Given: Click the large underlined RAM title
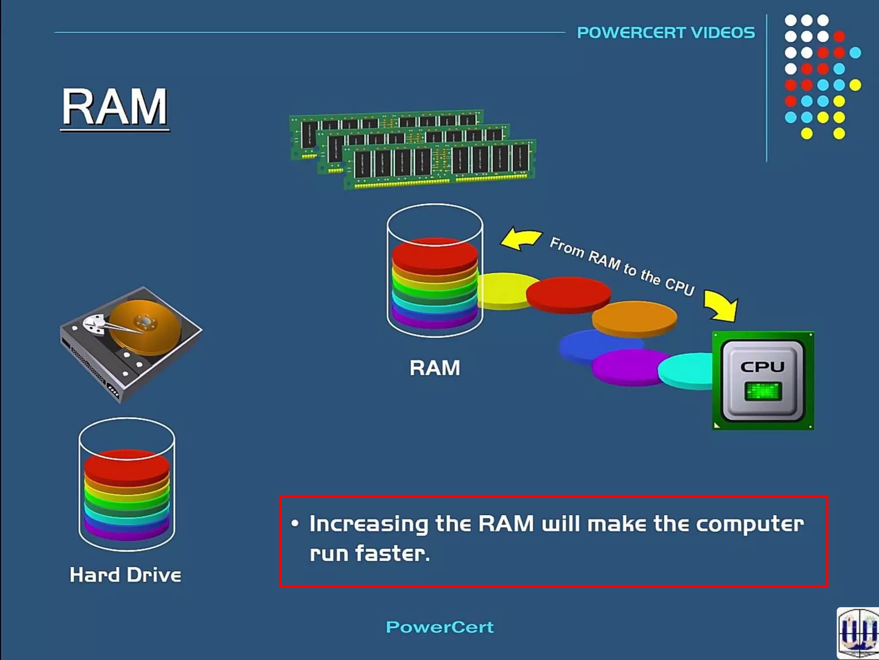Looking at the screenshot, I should click(115, 107).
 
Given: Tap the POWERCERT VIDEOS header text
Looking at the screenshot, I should click(666, 33).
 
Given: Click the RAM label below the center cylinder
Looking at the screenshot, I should click(434, 368).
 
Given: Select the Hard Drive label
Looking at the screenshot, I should click(125, 575).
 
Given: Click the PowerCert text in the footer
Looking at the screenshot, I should click(439, 627).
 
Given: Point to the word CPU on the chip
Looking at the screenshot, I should click(762, 367).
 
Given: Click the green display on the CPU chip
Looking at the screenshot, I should click(763, 391).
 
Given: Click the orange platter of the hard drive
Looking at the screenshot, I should click(146, 327).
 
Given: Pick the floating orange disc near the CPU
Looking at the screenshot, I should click(634, 318).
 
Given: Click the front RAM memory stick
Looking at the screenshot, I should click(440, 165).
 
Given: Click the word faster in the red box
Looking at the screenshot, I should click(391, 553).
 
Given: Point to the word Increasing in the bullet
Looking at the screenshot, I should click(368, 524).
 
